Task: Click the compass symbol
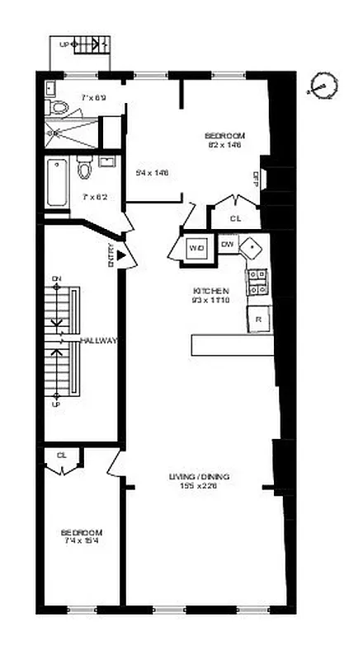(322, 85)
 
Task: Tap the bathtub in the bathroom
(58, 181)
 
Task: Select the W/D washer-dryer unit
(196, 247)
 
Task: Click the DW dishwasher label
(228, 244)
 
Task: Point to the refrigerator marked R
(258, 319)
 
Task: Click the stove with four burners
(257, 282)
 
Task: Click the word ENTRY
(111, 257)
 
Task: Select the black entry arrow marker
(121, 257)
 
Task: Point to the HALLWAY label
(99, 340)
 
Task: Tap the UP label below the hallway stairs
(56, 404)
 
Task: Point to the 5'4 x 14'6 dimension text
(152, 172)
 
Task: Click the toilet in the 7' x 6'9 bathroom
(59, 107)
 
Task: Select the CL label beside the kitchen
(235, 218)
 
